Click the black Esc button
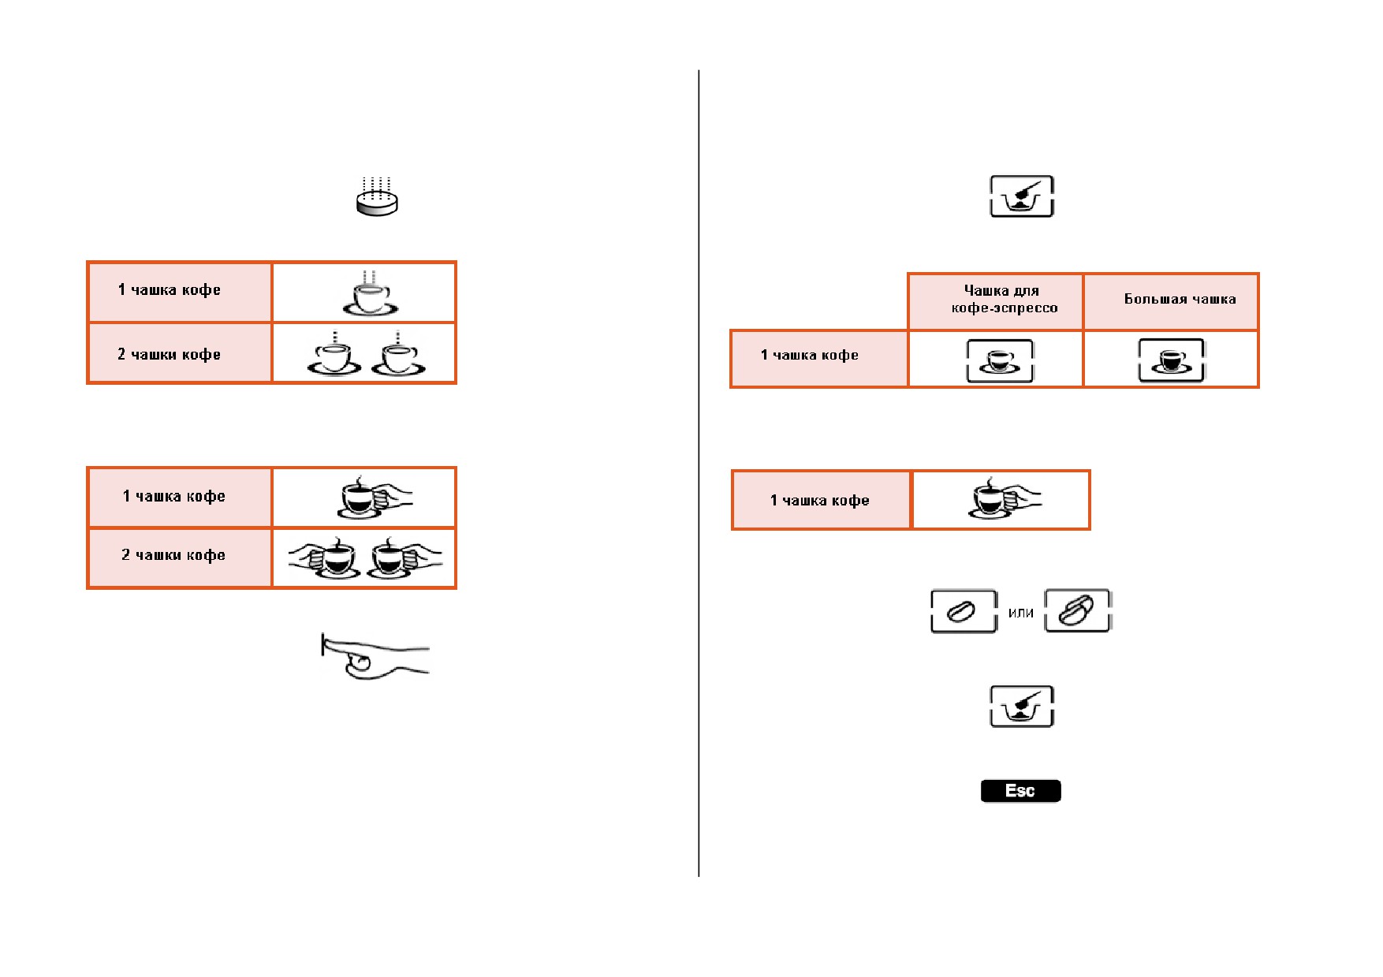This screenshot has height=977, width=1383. click(x=1020, y=791)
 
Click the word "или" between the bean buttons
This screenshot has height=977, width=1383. click(x=1020, y=613)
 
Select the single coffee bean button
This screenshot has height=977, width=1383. click(x=964, y=611)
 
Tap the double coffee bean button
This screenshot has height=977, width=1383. click(x=1077, y=610)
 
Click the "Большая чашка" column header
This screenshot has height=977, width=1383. click(x=1180, y=299)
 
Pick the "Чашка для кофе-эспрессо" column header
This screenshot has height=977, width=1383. click(x=1004, y=299)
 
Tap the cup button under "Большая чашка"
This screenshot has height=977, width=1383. click(x=1171, y=360)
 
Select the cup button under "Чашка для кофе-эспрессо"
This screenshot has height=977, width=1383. click(x=1000, y=361)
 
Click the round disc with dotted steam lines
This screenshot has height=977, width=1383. click(x=377, y=197)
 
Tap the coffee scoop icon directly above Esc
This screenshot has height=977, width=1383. click(x=1022, y=707)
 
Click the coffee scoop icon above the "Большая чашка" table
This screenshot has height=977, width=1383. click(x=1022, y=196)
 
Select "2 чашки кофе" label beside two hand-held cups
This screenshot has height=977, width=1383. click(x=173, y=555)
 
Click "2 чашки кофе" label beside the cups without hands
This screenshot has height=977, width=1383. click(x=169, y=354)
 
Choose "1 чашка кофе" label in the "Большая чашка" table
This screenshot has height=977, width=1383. click(x=810, y=355)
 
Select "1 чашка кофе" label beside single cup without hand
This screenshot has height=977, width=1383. click(x=170, y=289)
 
